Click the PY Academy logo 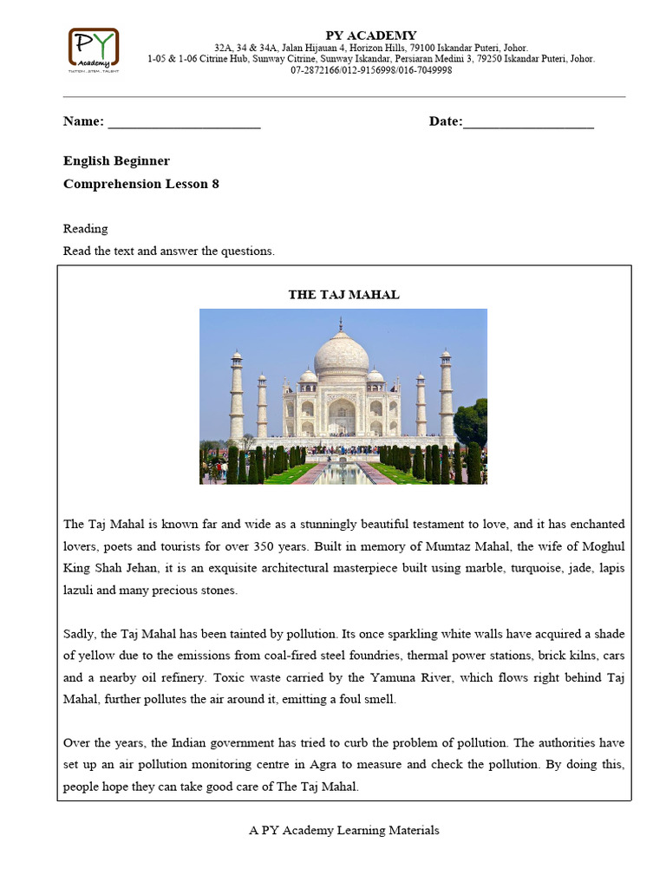(x=94, y=50)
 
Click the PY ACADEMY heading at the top (x=370, y=36)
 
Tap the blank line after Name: (x=184, y=122)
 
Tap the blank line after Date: (x=528, y=122)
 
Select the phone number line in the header (x=370, y=71)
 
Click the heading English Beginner (x=116, y=161)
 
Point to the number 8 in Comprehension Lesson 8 (x=215, y=184)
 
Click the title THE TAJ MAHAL (x=343, y=295)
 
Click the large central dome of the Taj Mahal (x=341, y=354)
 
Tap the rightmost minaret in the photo (x=446, y=395)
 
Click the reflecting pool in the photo (x=343, y=473)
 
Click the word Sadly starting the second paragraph (x=80, y=634)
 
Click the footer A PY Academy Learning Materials (x=343, y=831)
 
